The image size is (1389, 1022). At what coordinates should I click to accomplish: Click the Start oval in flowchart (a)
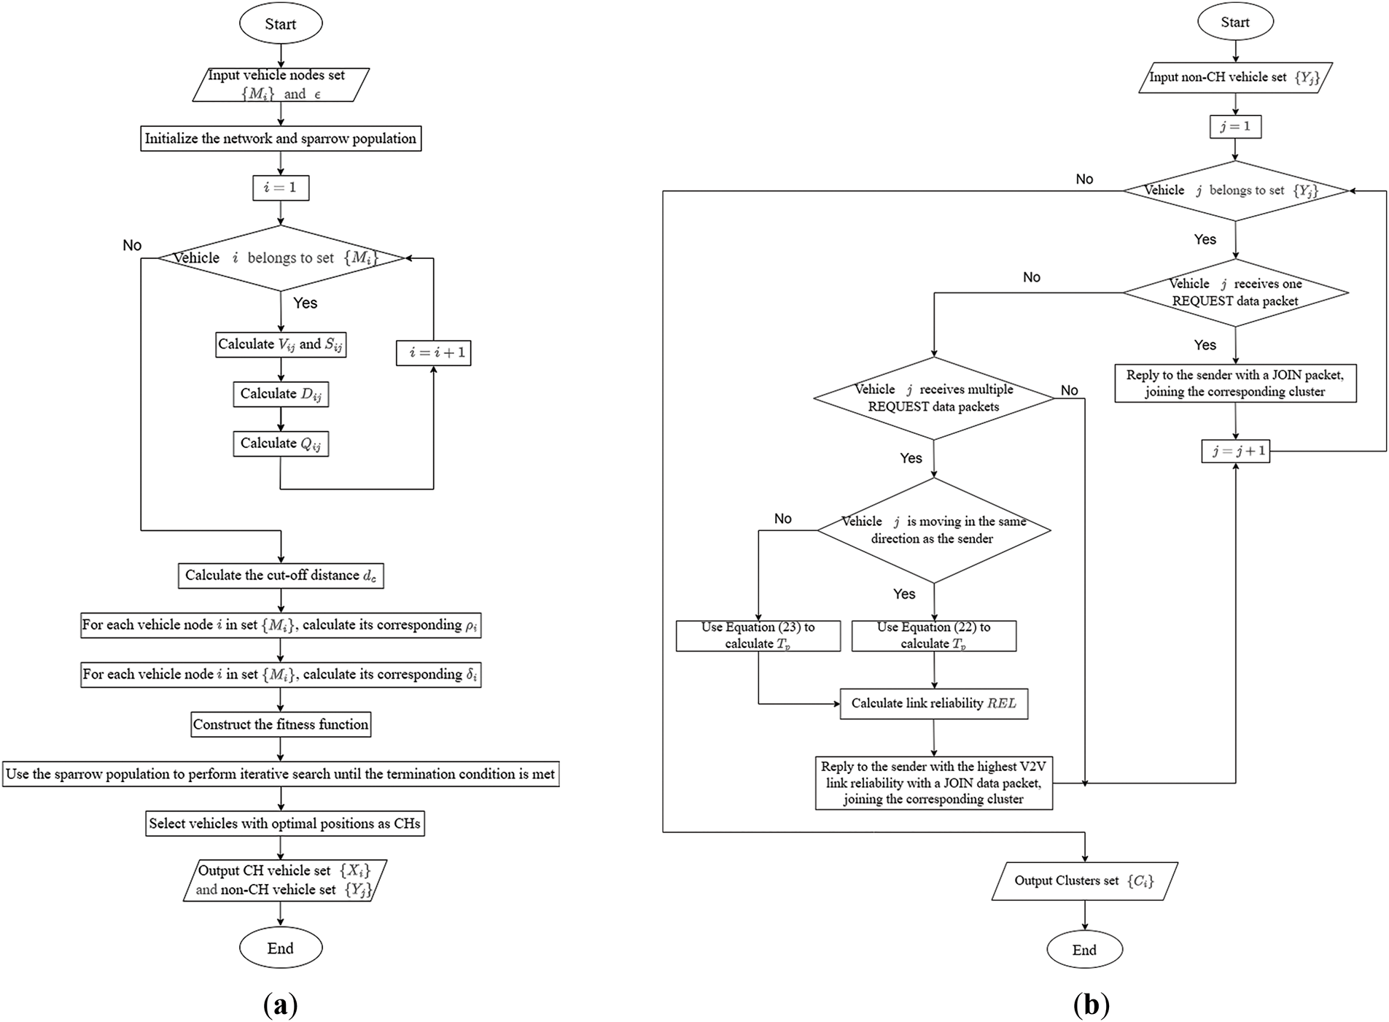[281, 23]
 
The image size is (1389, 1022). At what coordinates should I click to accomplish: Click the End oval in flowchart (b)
[1084, 950]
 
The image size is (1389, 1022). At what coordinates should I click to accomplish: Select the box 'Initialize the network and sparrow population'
[281, 139]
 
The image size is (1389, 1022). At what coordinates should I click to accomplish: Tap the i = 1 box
[281, 187]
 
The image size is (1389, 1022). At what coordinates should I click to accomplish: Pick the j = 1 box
[1235, 126]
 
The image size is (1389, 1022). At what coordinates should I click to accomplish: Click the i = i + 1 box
[434, 353]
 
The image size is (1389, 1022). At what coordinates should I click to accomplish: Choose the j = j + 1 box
[1236, 451]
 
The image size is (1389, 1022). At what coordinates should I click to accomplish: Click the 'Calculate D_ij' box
[281, 394]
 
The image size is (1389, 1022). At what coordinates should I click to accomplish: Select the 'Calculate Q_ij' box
[281, 444]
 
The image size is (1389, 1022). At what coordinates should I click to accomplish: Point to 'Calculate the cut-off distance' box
[281, 576]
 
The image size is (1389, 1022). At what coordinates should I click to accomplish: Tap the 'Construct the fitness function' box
[281, 724]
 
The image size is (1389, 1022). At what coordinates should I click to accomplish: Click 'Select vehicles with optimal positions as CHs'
[285, 824]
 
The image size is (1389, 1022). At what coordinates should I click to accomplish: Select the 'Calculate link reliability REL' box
[934, 704]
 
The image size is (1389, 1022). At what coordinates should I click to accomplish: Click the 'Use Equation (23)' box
[758, 635]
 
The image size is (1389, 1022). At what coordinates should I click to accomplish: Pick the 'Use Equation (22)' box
[934, 635]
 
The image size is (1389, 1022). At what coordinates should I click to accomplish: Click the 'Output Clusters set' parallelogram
[1084, 881]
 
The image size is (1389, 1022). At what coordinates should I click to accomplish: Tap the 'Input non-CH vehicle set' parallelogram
[1235, 77]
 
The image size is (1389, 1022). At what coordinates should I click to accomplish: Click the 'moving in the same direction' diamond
[934, 530]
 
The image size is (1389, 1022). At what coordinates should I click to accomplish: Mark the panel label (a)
[280, 1004]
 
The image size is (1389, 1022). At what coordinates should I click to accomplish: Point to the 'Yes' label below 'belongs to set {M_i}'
[306, 303]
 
